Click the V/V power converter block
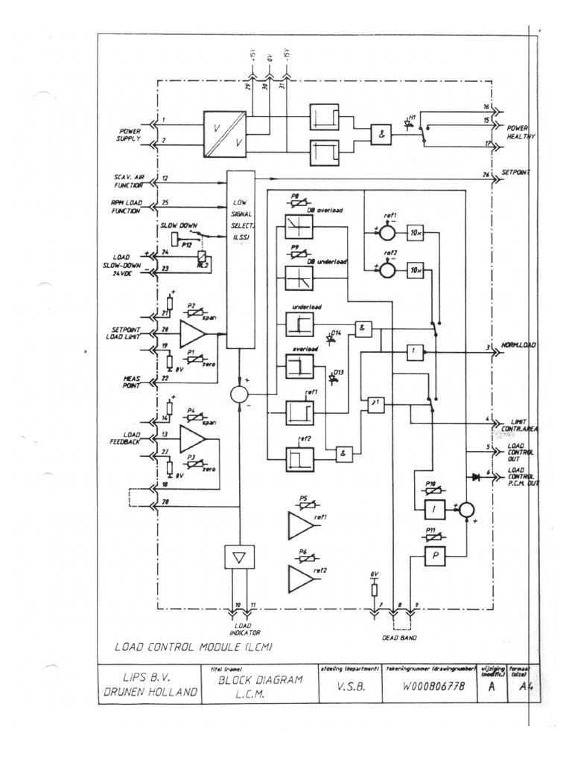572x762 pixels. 226,134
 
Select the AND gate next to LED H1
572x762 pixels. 381,135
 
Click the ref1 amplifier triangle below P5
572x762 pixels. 301,525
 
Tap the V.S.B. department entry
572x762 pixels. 346,687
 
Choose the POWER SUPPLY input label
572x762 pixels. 127,133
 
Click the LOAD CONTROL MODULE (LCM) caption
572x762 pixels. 193,647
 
